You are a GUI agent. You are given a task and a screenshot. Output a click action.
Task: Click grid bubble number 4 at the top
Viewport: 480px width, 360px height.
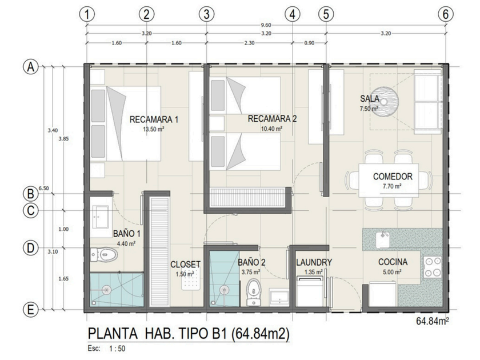pos(293,14)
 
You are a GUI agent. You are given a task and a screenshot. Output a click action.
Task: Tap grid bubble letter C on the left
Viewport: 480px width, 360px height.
pos(31,211)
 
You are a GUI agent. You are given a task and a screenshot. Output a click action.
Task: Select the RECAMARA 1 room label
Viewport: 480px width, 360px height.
pos(154,119)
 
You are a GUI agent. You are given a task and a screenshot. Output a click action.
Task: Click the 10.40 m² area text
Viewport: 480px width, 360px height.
pos(271,129)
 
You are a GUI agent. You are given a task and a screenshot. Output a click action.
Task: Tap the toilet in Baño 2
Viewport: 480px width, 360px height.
pos(254,293)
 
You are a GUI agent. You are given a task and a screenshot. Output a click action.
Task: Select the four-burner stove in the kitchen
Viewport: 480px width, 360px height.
pos(433,267)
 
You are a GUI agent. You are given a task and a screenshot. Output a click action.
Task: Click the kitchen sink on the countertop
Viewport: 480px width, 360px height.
pos(382,238)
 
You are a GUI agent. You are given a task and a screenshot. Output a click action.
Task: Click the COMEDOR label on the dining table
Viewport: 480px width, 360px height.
pos(393,177)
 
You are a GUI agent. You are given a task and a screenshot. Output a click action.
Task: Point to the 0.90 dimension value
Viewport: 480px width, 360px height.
pos(309,43)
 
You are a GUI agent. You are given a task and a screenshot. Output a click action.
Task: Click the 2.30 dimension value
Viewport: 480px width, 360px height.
pos(250,43)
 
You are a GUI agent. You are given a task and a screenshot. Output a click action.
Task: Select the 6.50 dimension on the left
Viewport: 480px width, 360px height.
pos(44,188)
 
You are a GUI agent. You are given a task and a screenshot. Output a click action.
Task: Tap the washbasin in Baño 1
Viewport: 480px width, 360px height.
pos(100,217)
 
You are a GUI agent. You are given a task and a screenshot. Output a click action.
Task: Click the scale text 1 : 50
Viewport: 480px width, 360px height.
pos(117,349)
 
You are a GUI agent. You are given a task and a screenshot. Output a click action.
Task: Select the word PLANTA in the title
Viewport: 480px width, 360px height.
pos(113,334)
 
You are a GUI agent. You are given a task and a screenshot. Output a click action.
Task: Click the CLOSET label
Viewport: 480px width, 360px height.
pos(186,264)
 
